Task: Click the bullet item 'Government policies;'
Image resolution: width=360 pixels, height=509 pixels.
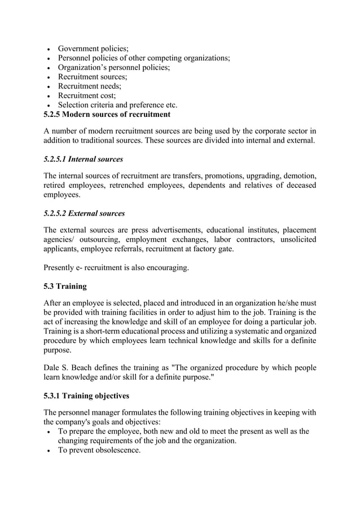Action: tap(93, 49)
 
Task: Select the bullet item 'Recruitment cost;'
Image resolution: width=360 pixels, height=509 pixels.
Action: tap(87, 95)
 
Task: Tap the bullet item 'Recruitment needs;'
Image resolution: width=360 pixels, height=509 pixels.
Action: tap(90, 86)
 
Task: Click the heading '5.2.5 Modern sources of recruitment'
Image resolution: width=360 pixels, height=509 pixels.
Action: tap(107, 115)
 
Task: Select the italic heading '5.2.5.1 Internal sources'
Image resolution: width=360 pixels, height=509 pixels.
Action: tap(83, 159)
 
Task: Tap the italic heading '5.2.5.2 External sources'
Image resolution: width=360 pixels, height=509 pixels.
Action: tap(84, 213)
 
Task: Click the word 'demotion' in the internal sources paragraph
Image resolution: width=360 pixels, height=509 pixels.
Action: tap(298, 175)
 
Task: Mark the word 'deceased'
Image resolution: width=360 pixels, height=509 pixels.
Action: tap(297, 185)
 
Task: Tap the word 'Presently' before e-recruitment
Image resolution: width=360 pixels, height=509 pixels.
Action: tap(61, 267)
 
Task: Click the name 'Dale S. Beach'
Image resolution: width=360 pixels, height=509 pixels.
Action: tap(70, 368)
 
